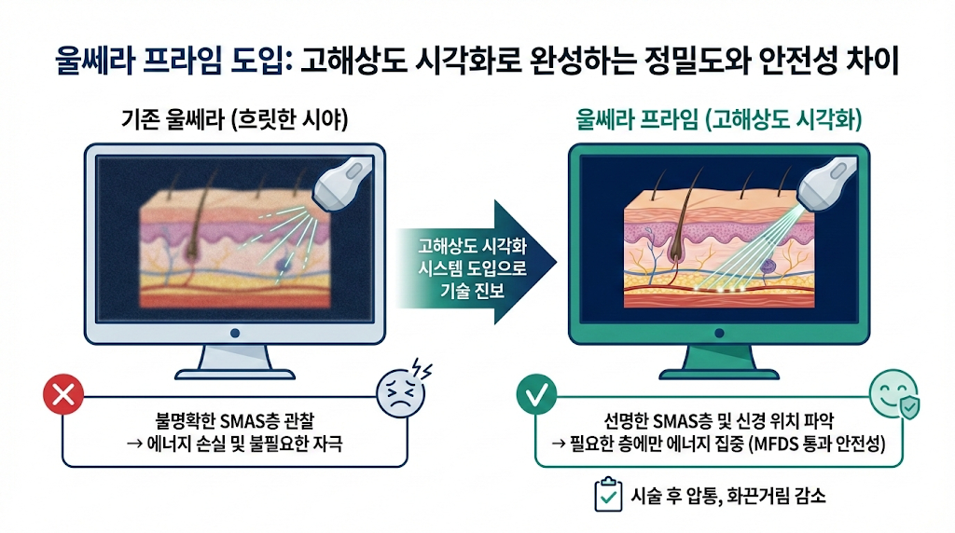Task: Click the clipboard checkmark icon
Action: click(x=608, y=496)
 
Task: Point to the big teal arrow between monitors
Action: click(x=476, y=263)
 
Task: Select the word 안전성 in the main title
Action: click(x=803, y=64)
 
